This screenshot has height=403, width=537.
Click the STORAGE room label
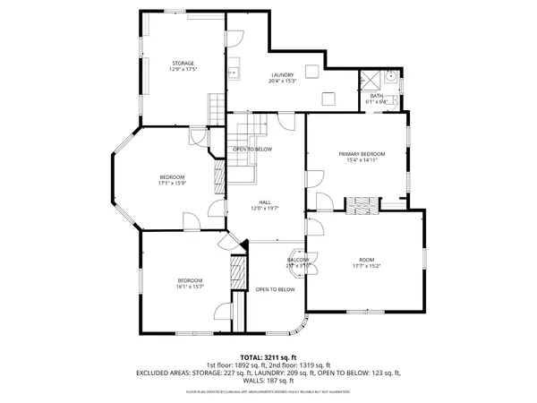(x=183, y=63)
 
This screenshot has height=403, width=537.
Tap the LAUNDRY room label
(x=282, y=75)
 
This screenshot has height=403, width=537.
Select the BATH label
(x=376, y=96)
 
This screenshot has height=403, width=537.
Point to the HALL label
(x=265, y=202)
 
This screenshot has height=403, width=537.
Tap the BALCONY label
(x=298, y=260)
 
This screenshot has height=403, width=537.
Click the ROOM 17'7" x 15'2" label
(x=365, y=260)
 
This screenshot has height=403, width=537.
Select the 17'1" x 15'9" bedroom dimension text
(x=172, y=184)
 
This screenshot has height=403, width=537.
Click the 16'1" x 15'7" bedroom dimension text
(x=189, y=287)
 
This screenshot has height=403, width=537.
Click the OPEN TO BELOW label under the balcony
(x=275, y=289)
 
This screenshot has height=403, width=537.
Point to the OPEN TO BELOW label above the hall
(x=252, y=149)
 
